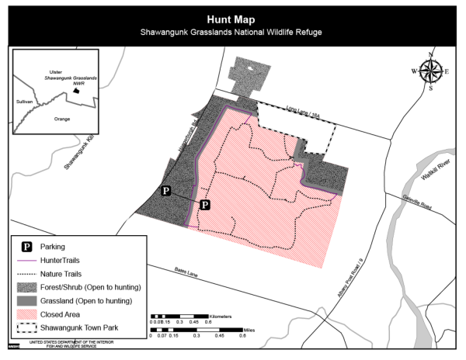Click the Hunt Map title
click(232, 19)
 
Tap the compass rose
click(431, 71)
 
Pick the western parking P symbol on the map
click(165, 191)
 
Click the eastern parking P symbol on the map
click(205, 205)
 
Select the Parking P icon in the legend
click(26, 247)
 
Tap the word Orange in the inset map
click(60, 119)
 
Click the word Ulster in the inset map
click(54, 70)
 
